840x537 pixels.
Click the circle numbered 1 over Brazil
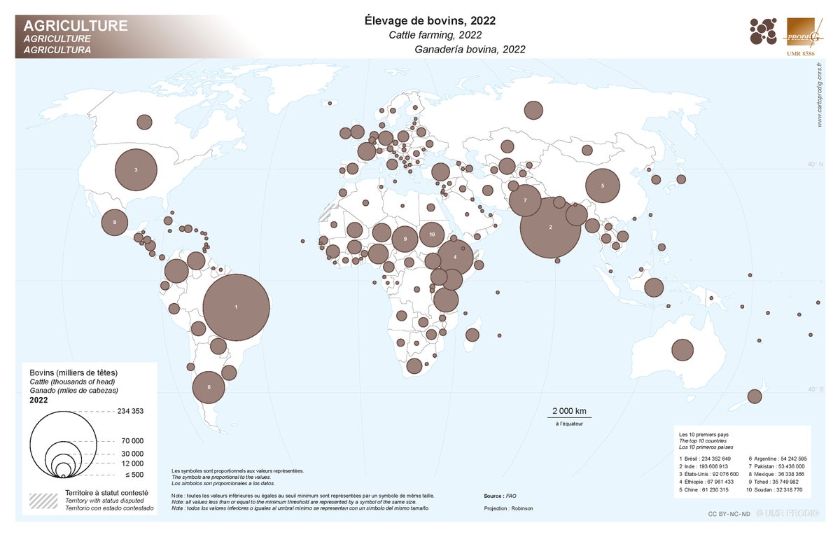click(x=236, y=307)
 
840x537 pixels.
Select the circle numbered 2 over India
click(x=550, y=228)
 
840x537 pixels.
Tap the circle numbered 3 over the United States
click(x=136, y=170)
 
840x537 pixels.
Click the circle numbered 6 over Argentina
click(x=208, y=386)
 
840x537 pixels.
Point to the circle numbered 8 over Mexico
click(x=114, y=223)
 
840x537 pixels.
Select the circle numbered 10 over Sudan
click(x=433, y=234)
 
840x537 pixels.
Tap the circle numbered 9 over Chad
click(x=405, y=239)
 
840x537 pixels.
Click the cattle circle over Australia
click(x=682, y=349)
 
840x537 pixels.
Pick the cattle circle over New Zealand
click(x=754, y=396)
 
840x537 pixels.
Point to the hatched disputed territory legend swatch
click(x=43, y=501)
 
